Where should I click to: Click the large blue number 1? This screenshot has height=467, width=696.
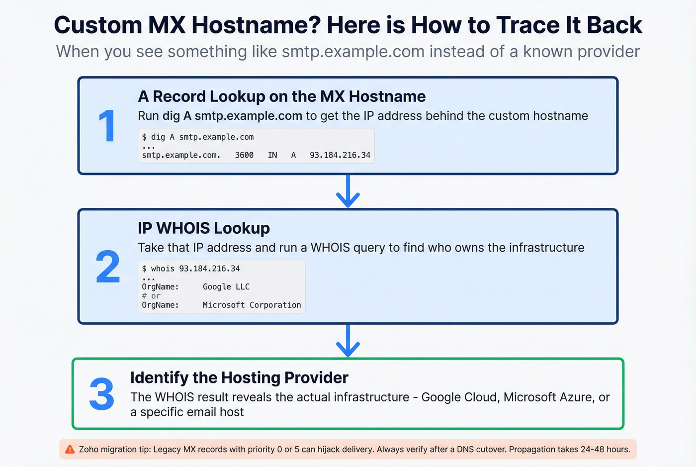point(107,126)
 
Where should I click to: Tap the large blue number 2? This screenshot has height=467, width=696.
point(108,267)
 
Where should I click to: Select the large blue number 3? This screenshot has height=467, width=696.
point(102,394)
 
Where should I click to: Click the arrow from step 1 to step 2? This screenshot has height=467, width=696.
point(348,191)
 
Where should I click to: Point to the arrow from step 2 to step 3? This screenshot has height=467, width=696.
point(348,341)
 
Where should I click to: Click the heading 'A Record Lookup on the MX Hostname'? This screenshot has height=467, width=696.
point(281,96)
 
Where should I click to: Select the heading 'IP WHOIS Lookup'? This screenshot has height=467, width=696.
point(204,228)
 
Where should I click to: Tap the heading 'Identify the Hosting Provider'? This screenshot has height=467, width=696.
point(239,378)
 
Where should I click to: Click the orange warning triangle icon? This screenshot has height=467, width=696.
point(70,449)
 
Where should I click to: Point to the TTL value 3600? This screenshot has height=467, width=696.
point(244,155)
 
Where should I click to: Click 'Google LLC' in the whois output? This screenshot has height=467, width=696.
point(226,287)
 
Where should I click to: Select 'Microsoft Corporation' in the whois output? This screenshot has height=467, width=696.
point(252,305)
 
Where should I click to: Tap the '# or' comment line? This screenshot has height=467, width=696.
point(151,296)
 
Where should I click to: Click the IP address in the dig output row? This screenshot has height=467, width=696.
point(340,155)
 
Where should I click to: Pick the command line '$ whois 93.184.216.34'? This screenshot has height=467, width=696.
point(191,269)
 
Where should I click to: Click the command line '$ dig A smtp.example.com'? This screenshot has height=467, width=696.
point(198,137)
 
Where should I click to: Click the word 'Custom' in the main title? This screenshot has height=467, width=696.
point(98,25)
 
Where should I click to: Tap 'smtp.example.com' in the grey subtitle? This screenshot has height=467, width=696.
point(353,52)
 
